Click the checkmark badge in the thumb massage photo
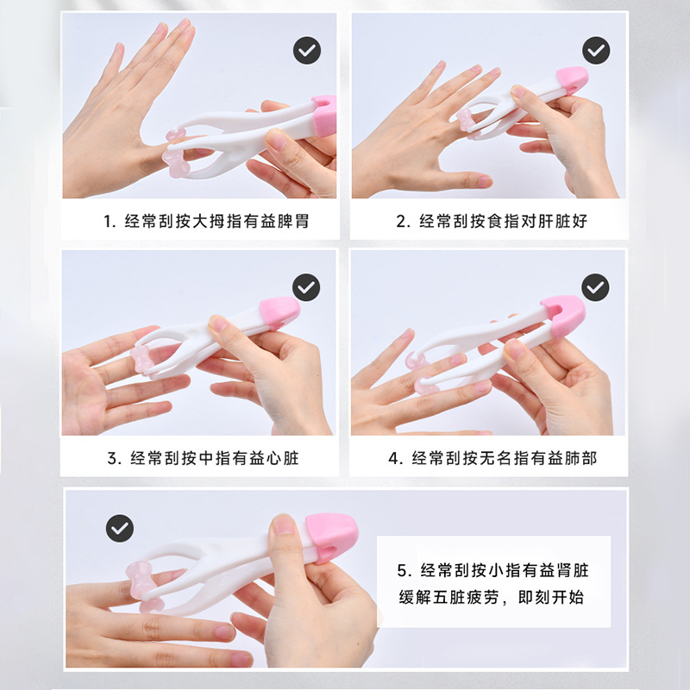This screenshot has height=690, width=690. (x=307, y=50)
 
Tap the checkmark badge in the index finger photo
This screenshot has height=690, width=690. (x=596, y=50)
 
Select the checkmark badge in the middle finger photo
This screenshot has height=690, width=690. (x=306, y=287)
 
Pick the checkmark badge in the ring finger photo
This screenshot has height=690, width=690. (x=595, y=287)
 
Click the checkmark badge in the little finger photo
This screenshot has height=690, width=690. (x=120, y=528)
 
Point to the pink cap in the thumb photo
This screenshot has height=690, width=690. (x=324, y=116)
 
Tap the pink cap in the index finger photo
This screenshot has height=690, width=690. (x=572, y=80)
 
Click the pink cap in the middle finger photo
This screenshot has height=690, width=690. (x=279, y=312)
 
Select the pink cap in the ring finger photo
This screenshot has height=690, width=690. (x=563, y=316)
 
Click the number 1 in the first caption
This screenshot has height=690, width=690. (x=107, y=222)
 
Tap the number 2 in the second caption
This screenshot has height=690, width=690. (x=400, y=222)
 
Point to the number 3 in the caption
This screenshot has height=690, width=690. (x=112, y=459)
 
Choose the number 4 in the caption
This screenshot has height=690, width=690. (x=393, y=459)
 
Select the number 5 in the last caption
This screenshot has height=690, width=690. (x=402, y=571)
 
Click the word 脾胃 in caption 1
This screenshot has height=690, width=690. (x=293, y=221)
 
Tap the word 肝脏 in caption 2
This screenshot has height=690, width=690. (x=554, y=221)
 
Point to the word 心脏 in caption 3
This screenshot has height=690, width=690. (x=283, y=458)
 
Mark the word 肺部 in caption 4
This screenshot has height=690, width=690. (x=580, y=458)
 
